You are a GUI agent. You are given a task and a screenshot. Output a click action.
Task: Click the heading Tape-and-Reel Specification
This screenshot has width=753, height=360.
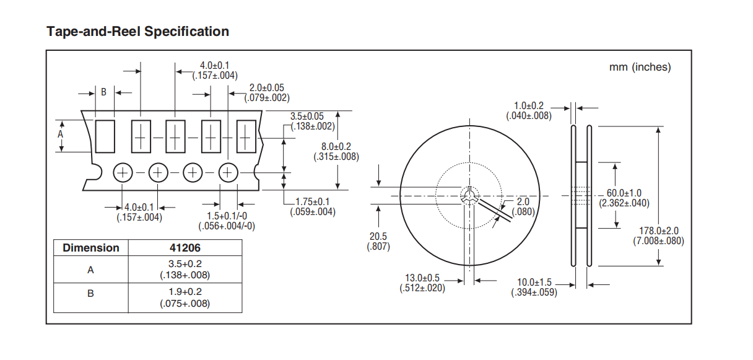tap(137, 32)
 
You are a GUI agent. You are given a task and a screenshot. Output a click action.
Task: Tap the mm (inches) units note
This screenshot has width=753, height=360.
tap(640, 67)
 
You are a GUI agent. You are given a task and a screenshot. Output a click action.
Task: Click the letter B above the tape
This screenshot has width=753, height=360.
tap(104, 92)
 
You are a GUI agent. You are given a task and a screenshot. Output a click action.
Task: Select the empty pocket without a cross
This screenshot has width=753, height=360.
tap(105, 136)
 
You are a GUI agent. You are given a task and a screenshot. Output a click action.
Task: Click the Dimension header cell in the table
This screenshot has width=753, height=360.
tap(91, 248)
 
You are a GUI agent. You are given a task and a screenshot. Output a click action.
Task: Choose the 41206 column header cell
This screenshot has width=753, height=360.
tap(185, 248)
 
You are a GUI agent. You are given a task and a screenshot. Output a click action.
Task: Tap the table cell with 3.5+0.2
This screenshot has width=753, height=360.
tap(185, 269)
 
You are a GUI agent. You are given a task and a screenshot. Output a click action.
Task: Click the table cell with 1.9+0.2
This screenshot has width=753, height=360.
tap(185, 297)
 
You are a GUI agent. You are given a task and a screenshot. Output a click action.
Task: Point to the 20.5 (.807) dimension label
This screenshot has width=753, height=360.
tap(377, 241)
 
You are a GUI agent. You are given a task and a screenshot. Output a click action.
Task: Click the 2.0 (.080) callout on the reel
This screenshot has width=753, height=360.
tap(523, 206)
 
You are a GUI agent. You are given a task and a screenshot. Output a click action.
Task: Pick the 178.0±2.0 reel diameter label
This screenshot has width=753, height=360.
tap(658, 235)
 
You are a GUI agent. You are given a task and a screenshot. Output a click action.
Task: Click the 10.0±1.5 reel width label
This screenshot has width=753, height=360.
tap(534, 287)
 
